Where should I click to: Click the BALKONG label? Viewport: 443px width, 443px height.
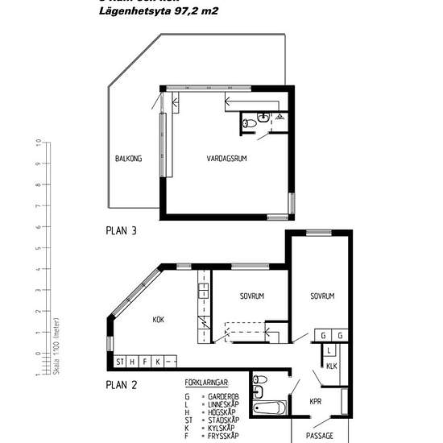click(128, 159)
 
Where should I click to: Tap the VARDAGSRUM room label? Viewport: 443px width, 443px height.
click(227, 159)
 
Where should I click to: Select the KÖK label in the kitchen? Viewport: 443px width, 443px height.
click(159, 320)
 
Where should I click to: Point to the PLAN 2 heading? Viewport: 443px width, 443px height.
click(122, 384)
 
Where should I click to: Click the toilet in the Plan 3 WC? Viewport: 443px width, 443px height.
click(250, 122)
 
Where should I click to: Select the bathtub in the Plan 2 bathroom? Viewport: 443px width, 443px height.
click(270, 408)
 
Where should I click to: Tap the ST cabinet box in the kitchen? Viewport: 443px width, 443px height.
click(121, 361)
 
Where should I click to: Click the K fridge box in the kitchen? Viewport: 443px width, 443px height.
click(158, 361)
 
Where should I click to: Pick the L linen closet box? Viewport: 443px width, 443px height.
click(330, 350)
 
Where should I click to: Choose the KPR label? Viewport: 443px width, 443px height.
click(316, 400)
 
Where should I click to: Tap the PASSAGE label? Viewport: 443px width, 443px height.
click(320, 435)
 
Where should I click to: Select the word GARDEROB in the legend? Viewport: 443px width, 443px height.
click(221, 396)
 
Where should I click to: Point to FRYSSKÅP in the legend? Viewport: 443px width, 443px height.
click(221, 436)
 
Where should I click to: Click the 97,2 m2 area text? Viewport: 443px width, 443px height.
click(193, 12)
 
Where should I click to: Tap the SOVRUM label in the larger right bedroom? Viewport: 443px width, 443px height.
click(322, 296)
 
